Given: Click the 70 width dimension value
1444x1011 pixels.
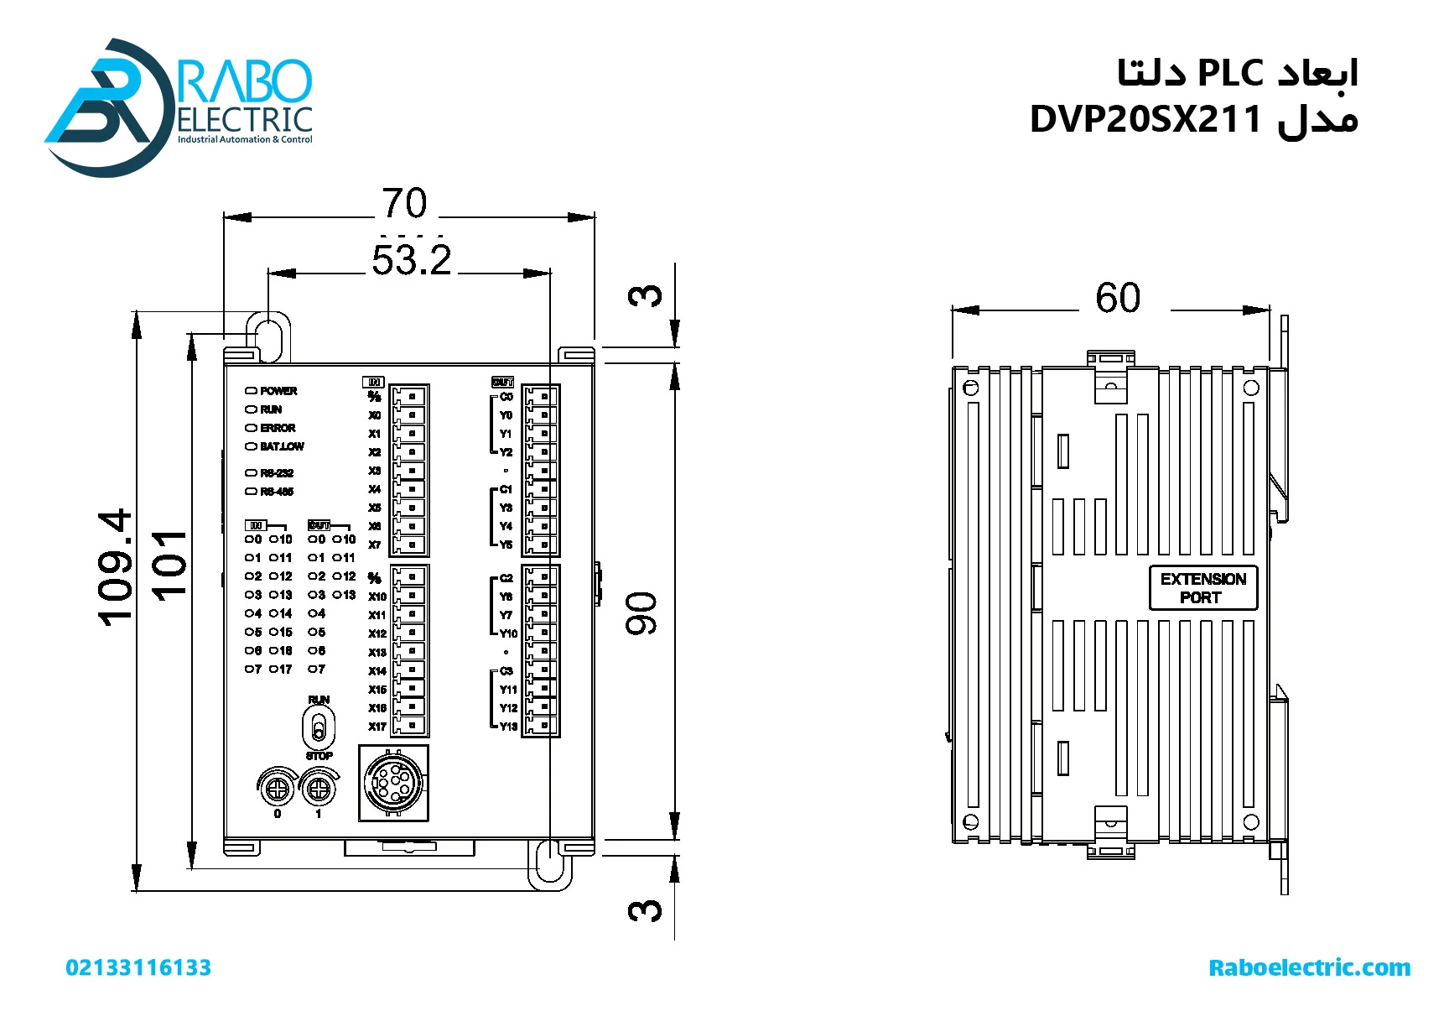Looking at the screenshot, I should pos(404,203).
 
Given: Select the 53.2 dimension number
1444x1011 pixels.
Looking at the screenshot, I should pos(411,260).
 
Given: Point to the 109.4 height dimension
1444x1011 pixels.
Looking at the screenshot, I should pos(116,567).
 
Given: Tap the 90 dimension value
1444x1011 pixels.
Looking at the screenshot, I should pos(642,613).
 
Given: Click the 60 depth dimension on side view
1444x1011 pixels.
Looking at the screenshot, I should pos(1118,298).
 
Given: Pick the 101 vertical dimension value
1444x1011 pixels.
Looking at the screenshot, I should pos(169,565).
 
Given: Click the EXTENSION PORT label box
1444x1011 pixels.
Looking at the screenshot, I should pos(1202,588).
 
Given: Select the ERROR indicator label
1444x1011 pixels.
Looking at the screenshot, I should pos(278,428).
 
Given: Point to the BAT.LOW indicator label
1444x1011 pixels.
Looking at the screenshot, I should pos(282,446).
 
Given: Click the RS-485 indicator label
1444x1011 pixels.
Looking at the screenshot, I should pos(277,492).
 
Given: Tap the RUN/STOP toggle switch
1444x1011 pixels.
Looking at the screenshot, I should pos(319,727).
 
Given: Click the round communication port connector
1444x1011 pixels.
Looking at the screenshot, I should pos(393,783).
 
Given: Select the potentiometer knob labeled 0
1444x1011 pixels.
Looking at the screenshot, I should pos(277,789).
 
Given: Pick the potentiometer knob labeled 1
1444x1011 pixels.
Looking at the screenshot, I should pos(318,789).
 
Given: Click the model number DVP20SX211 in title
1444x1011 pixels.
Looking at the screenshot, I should pos(1145,119).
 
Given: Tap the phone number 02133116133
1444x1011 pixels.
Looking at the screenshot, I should pos(138,967).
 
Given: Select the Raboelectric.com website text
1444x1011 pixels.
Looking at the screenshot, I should pos(1309,967).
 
